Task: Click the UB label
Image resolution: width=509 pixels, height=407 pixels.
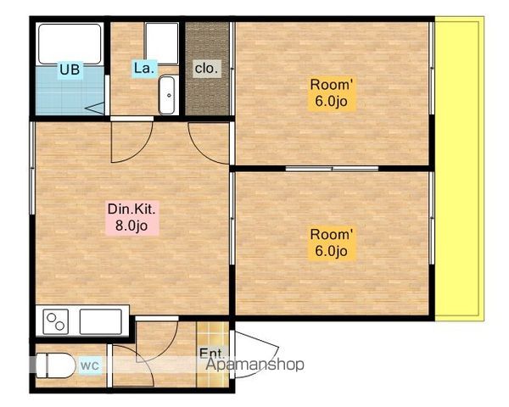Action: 70,70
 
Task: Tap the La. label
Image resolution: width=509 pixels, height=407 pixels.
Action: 144,69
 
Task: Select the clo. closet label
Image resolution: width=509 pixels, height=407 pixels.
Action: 206,69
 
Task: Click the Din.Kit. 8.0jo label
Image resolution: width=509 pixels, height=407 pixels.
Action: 131,217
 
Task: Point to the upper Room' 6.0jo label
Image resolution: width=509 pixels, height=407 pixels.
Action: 331,92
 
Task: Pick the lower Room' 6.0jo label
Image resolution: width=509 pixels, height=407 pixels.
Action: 331,243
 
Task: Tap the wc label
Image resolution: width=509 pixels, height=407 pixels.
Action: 90,365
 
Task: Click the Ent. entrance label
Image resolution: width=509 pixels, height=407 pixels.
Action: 211,353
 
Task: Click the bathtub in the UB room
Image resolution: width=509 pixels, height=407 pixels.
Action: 70,44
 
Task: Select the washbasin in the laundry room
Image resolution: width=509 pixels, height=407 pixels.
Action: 167,95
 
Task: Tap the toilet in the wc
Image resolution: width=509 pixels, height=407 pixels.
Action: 54,365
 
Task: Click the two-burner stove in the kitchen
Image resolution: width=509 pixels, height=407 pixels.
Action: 55,321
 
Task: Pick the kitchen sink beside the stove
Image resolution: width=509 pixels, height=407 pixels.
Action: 101,321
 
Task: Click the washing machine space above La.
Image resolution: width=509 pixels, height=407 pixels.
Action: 162,43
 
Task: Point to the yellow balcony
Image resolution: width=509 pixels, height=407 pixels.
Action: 459,169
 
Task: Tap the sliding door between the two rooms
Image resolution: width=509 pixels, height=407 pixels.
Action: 332,169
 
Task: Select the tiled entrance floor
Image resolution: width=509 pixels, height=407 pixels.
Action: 213,354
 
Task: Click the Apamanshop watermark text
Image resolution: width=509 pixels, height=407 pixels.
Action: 255,364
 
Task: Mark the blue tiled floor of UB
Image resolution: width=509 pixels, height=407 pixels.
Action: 70,90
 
